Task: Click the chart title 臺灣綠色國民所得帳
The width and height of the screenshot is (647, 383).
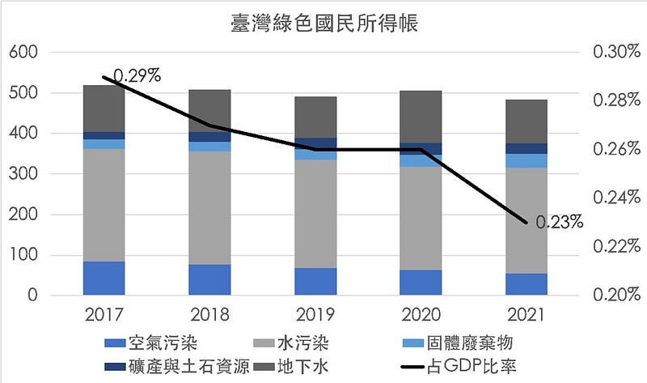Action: click(x=323, y=22)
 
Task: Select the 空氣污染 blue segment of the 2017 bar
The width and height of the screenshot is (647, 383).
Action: click(x=104, y=278)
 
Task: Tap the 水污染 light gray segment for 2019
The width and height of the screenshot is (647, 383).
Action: click(x=315, y=214)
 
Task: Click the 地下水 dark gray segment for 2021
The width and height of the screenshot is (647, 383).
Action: click(x=526, y=121)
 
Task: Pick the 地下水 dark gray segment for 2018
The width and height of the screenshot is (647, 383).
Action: click(x=209, y=110)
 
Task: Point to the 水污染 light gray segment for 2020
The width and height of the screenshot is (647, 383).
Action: click(x=421, y=218)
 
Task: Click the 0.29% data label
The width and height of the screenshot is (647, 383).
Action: click(x=137, y=76)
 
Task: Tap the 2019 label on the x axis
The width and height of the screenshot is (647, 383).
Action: click(x=315, y=314)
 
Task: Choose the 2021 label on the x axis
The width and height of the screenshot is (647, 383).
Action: click(x=526, y=314)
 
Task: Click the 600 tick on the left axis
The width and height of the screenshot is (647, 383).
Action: click(x=24, y=53)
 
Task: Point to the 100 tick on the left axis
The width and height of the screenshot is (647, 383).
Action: click(x=24, y=255)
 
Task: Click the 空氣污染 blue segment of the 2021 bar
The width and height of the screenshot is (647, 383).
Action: click(x=526, y=284)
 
